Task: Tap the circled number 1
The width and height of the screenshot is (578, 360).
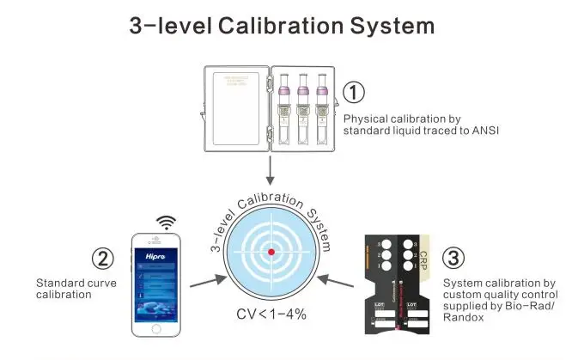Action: pyautogui.click(x=354, y=93)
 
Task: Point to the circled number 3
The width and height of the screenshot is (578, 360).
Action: pyautogui.click(x=453, y=259)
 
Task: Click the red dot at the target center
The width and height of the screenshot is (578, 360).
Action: pyautogui.click(x=271, y=252)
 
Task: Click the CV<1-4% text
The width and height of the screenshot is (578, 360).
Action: pyautogui.click(x=271, y=314)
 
